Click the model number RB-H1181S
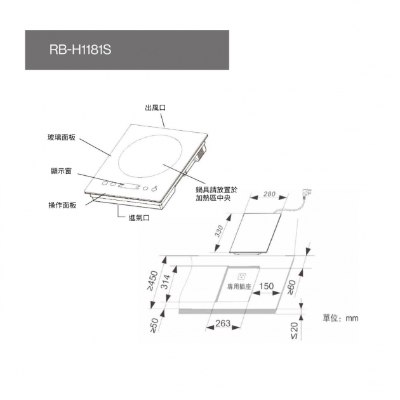pyautogui.click(x=81, y=50)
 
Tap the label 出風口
pyautogui.click(x=156, y=108)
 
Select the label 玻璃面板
pyautogui.click(x=62, y=138)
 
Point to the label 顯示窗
pyautogui.click(x=61, y=171)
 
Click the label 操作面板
pyautogui.click(x=62, y=205)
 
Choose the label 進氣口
pyautogui.click(x=139, y=218)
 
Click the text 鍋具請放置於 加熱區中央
pyautogui.click(x=217, y=194)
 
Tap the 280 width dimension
pyautogui.click(x=269, y=194)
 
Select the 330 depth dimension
pyautogui.click(x=219, y=231)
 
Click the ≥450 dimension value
pyautogui.click(x=153, y=281)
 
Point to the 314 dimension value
pyautogui.click(x=166, y=282)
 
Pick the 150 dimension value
pyautogui.click(x=266, y=286)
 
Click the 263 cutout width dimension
pyautogui.click(x=223, y=323)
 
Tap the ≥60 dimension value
pyautogui.click(x=291, y=288)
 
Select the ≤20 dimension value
pyautogui.click(x=294, y=331)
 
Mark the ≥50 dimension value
pyautogui.click(x=154, y=325)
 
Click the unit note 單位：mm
pyautogui.click(x=340, y=318)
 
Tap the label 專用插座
pyautogui.click(x=239, y=287)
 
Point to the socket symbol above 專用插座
pyautogui.click(x=241, y=276)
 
